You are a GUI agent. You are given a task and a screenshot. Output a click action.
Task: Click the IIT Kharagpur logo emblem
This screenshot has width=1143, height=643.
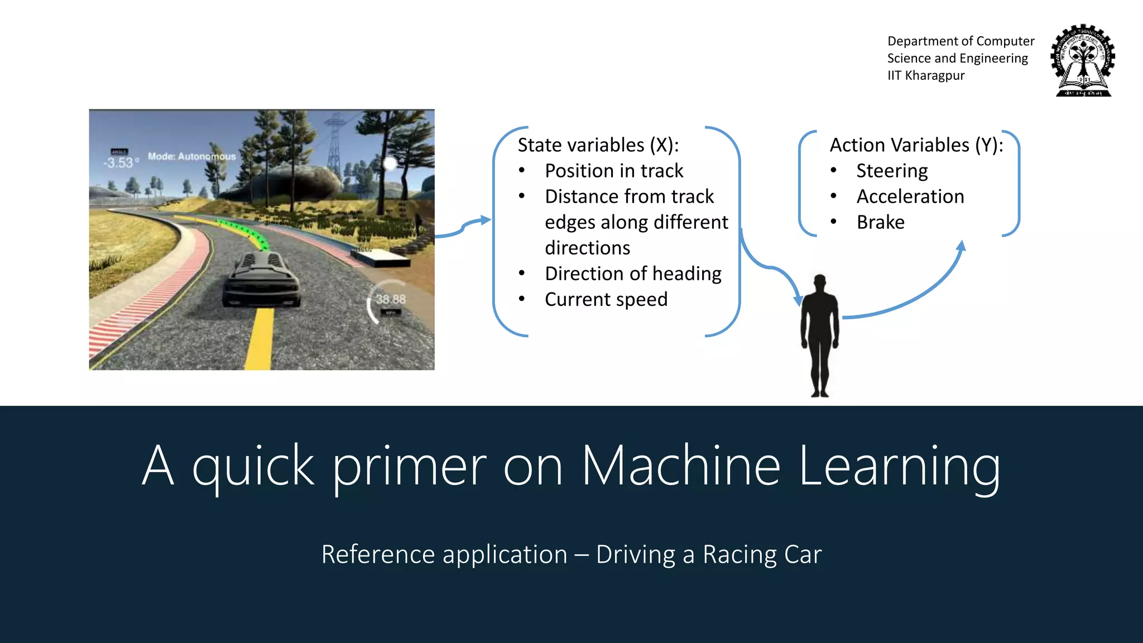pos(1082,60)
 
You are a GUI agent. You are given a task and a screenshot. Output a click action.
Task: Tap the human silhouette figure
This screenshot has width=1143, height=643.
pos(819,335)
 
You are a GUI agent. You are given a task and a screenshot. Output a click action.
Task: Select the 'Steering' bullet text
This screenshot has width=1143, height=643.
pos(891,171)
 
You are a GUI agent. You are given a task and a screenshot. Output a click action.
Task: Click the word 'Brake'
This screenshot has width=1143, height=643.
pos(880,222)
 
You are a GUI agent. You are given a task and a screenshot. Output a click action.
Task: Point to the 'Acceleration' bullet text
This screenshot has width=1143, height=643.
pos(910,196)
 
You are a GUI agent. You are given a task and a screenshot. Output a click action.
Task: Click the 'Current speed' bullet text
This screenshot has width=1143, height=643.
pos(606,299)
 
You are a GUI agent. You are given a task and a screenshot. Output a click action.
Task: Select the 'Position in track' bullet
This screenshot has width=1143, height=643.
pos(613,171)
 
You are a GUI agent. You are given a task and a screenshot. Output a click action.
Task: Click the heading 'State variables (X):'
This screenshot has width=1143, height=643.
pos(598,145)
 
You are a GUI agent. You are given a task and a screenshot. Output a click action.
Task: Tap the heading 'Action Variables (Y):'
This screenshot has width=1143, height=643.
pos(916,145)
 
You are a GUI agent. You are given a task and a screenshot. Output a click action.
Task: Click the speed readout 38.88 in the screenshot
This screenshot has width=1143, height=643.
pos(390,300)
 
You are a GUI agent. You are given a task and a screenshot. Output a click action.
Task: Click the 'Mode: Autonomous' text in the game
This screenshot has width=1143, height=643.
pos(191,156)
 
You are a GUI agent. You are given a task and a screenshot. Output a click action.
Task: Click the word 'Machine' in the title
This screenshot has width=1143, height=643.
pos(680,466)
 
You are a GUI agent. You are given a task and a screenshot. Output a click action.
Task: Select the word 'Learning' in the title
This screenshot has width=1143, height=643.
pos(899,466)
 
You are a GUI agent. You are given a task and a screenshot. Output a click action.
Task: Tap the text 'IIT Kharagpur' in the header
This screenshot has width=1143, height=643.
pos(925,75)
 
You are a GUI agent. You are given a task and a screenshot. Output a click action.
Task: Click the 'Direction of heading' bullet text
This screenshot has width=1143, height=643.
pos(632,273)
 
